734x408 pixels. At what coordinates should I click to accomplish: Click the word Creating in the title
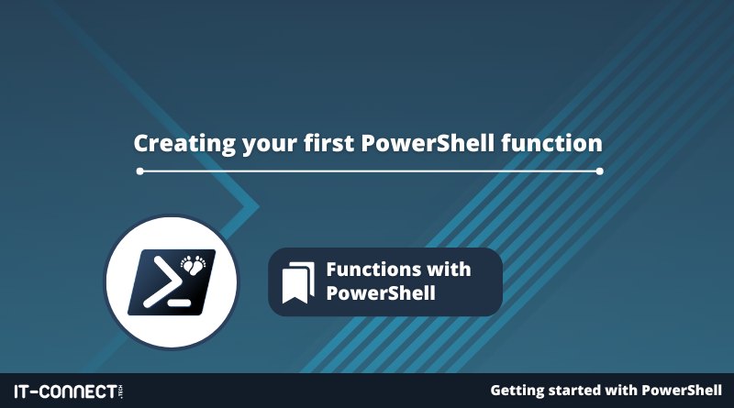coord(184,143)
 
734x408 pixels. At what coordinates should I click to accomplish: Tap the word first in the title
coord(329,142)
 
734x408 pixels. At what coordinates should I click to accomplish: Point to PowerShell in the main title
coord(428,142)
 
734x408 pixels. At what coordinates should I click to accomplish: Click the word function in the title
coord(551,142)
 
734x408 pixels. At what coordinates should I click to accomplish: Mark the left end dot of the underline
coord(140,171)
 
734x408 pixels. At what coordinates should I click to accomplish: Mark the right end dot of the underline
coord(600,171)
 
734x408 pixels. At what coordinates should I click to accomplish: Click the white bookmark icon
coord(298,282)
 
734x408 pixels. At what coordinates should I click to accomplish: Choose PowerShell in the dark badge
coord(381,292)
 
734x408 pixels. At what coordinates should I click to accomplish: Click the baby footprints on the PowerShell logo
coord(194,264)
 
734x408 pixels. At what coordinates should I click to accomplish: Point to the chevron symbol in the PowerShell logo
coord(162,282)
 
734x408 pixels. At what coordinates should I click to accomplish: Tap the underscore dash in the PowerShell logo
coord(179,303)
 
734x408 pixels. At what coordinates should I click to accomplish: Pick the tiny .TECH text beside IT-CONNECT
coord(121,391)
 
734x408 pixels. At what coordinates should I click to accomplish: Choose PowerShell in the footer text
coord(682,390)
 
